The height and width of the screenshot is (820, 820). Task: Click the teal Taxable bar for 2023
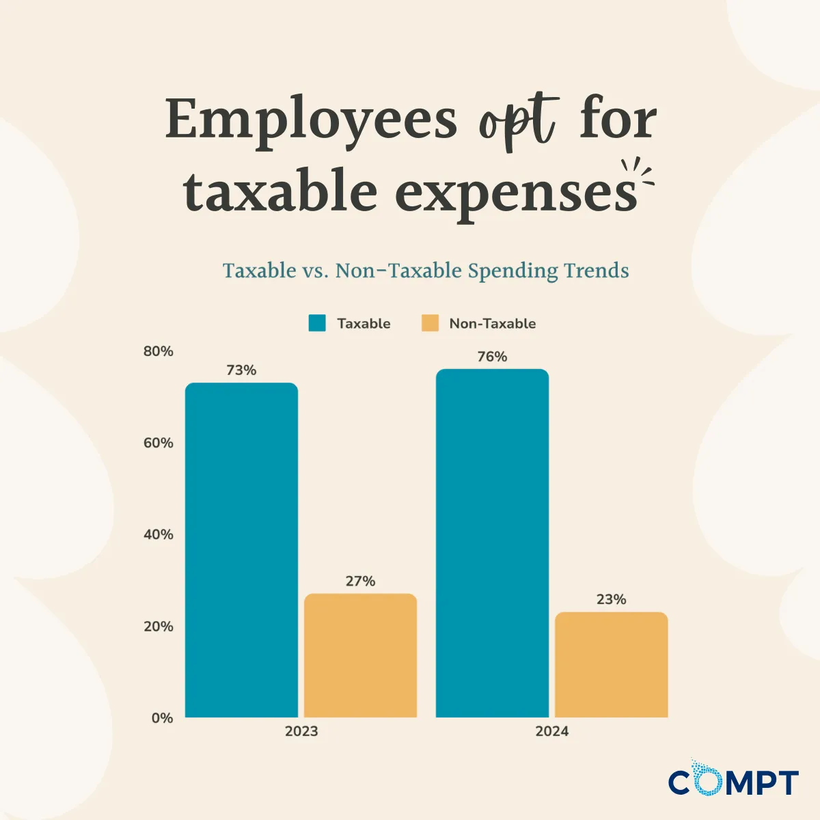[x=241, y=550]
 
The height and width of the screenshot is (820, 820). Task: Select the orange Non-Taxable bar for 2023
[x=360, y=655]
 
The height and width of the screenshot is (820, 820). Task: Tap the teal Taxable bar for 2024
[x=492, y=543]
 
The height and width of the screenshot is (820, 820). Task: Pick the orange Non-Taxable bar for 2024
[x=611, y=664]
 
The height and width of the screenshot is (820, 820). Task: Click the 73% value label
[x=241, y=370]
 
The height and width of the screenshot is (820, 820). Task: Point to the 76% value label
[x=492, y=357]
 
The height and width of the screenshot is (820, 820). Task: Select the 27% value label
[x=360, y=581]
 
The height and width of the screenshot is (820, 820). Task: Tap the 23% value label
[x=611, y=599]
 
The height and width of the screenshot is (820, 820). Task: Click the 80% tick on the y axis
[x=159, y=351]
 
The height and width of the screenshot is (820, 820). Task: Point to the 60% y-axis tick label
[x=159, y=443]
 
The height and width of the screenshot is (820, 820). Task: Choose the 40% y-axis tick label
[x=159, y=534]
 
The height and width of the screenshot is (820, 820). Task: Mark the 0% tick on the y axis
[x=162, y=718]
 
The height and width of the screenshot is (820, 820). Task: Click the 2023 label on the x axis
[x=301, y=731]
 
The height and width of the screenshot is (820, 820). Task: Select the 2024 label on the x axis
[x=551, y=731]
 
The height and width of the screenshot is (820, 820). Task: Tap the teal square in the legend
[x=317, y=323]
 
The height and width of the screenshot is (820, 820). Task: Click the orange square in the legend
[x=430, y=323]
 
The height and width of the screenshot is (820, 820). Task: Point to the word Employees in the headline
[x=311, y=120]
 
